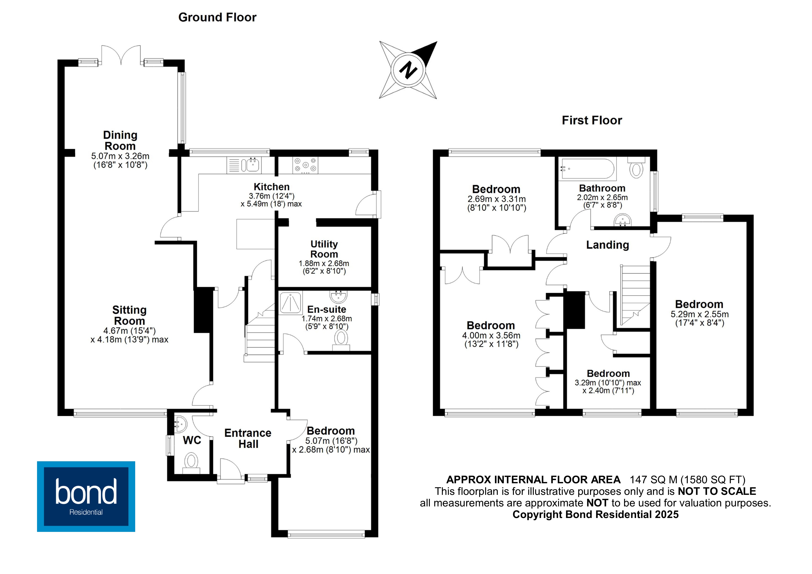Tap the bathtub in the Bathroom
tap(587, 169)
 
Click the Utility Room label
tap(324, 249)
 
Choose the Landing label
tap(607, 245)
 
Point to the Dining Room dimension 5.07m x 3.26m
tap(120, 156)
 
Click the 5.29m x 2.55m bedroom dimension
tap(700, 314)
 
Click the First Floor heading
tap(592, 120)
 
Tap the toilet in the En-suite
tap(341, 340)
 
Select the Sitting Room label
tap(129, 315)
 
